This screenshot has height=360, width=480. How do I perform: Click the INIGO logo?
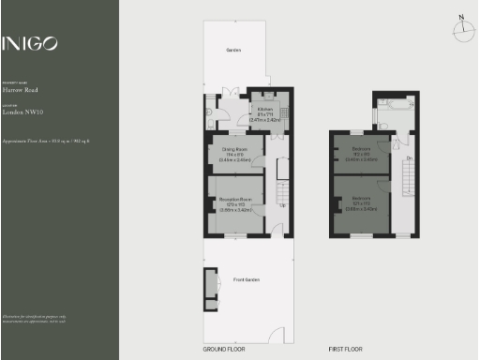coord(30,43)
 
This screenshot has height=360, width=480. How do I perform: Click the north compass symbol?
coord(462,29)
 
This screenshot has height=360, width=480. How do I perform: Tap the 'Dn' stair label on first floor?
coord(409,157)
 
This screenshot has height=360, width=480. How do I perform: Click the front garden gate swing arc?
coord(277,335)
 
